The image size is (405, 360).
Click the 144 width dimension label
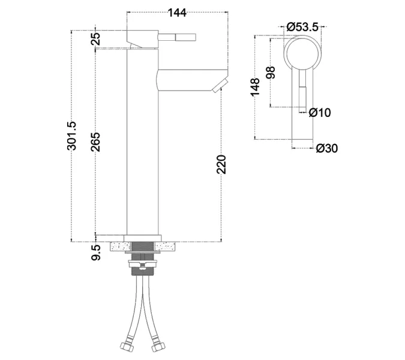point(177,13)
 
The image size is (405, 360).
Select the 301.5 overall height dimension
point(71,136)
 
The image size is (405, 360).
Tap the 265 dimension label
point(95,142)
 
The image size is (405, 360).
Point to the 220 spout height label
point(221,164)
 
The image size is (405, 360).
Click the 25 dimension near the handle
point(95,39)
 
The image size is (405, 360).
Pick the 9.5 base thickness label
point(95,253)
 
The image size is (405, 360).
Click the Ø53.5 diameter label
point(302,27)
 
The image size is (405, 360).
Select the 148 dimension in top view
point(255,87)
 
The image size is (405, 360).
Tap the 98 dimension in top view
point(271,73)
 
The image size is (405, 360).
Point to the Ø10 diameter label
point(320,113)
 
